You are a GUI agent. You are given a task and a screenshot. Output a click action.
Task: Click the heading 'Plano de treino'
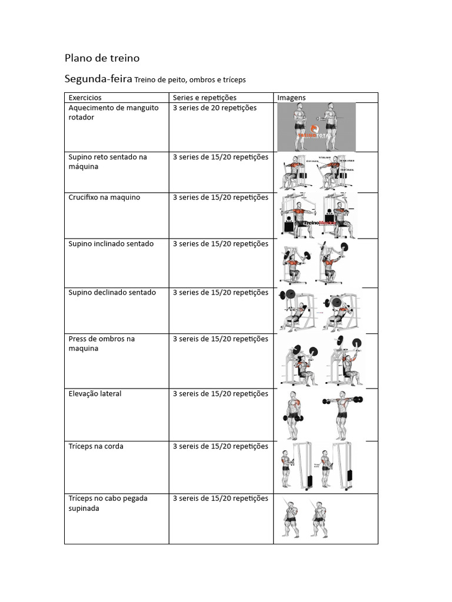[102, 58]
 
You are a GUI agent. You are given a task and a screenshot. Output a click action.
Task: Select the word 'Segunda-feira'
[98, 79]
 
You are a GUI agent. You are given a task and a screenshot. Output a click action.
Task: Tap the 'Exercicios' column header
[85, 98]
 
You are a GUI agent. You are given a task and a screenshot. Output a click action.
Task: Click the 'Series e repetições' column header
[205, 98]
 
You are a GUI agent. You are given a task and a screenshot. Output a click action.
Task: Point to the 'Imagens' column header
[291, 98]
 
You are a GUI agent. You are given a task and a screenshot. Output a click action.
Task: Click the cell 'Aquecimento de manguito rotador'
[114, 113]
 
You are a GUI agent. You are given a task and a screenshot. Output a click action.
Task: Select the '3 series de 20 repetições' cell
[215, 108]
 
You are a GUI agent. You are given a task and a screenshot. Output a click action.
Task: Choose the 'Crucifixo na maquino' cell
[104, 198]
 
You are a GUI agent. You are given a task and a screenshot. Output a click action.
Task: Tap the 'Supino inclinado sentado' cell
[111, 244]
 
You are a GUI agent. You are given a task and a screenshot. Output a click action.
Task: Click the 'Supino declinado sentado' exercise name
[112, 293]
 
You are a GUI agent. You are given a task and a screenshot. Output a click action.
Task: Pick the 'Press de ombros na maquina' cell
[101, 344]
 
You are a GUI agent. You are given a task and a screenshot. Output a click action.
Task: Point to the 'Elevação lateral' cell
[95, 394]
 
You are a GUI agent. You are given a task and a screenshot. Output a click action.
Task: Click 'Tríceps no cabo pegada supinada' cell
[108, 503]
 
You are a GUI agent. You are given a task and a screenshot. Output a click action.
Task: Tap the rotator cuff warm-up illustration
[317, 127]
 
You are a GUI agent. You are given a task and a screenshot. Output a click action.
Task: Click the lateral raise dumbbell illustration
[321, 415]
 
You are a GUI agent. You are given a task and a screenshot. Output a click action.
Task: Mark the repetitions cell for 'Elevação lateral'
[221, 394]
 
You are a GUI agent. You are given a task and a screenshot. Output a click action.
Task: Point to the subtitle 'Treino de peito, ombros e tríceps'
[190, 80]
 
